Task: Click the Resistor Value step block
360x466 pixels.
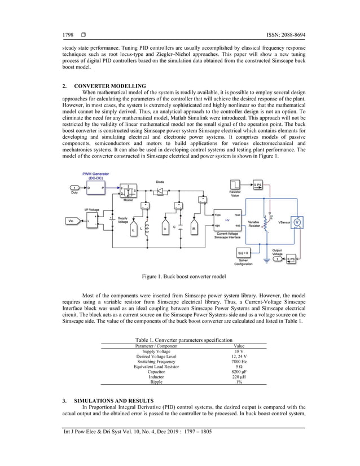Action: (234, 184)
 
